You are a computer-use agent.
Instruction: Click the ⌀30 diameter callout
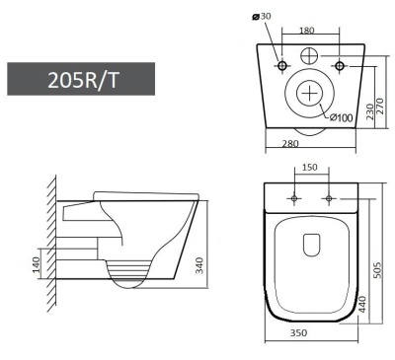[x=264, y=17]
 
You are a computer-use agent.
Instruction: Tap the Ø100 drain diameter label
[x=341, y=117]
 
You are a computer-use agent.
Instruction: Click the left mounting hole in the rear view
[x=281, y=66]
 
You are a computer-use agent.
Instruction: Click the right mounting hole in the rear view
[x=340, y=66]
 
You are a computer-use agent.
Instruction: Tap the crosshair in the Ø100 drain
[x=310, y=95]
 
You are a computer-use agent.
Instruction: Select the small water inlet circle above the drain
[x=310, y=55]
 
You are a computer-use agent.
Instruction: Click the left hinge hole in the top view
[x=294, y=199]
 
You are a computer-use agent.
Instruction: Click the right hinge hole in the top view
[x=327, y=199]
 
